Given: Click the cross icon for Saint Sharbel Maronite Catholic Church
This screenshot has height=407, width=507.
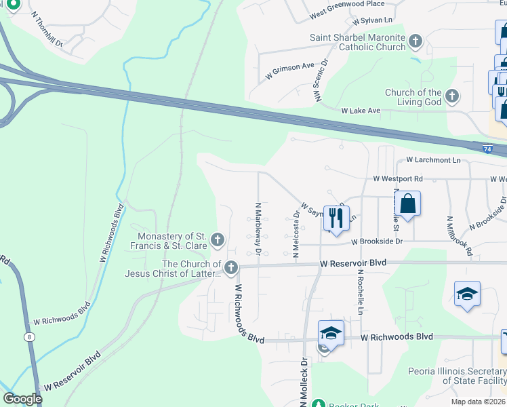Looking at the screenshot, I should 415,42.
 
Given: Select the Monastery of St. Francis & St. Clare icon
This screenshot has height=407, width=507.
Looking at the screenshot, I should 218,239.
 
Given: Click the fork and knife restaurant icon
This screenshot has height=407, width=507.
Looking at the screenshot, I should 336,218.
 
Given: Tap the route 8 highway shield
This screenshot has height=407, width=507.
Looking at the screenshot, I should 29,336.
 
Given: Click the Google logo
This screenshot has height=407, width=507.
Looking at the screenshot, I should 22,399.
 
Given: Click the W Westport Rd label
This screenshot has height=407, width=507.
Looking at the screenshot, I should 398,179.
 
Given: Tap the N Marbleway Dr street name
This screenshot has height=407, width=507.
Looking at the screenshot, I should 258,228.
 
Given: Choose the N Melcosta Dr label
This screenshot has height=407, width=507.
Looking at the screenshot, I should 296,235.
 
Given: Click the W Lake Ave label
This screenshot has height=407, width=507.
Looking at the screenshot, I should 361,110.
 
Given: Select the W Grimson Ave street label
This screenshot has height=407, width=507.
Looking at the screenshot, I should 291,71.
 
